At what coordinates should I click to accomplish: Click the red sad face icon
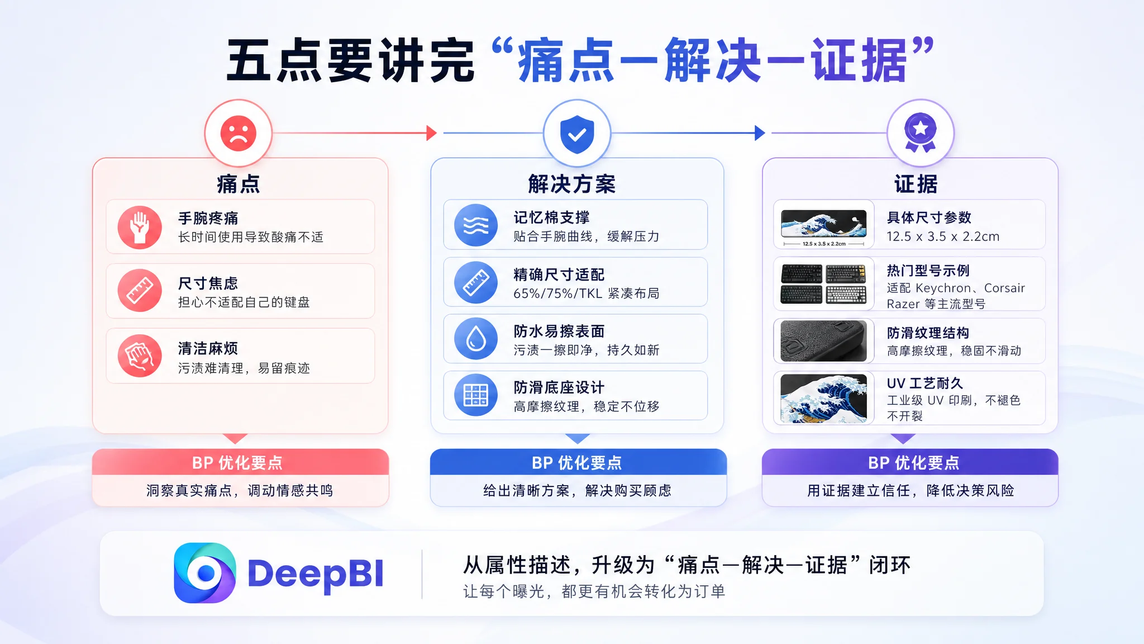click(239, 133)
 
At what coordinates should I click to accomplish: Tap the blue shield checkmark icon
click(577, 134)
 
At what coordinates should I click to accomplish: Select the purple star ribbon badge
click(920, 132)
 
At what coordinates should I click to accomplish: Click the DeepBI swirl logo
click(204, 573)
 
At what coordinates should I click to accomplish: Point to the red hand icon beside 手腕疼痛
click(140, 228)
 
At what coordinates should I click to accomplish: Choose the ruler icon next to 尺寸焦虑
click(140, 291)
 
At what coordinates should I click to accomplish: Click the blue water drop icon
click(476, 339)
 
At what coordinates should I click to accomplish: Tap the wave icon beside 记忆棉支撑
click(476, 225)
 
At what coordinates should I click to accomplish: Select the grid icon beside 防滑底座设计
click(476, 395)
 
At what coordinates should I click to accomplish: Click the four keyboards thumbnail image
click(824, 283)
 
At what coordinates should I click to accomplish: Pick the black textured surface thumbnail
click(824, 341)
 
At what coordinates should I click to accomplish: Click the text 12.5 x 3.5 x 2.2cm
click(943, 236)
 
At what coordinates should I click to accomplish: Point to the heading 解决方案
click(572, 184)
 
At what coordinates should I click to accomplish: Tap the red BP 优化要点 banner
click(240, 462)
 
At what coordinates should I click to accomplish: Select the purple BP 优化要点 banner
click(910, 462)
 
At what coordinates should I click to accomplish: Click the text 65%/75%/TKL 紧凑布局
click(587, 293)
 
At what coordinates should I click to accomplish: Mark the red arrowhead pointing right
click(431, 133)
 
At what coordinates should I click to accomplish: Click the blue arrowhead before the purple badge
click(760, 133)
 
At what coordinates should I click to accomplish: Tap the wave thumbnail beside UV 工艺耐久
click(824, 399)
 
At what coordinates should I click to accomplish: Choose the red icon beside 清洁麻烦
click(140, 356)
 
